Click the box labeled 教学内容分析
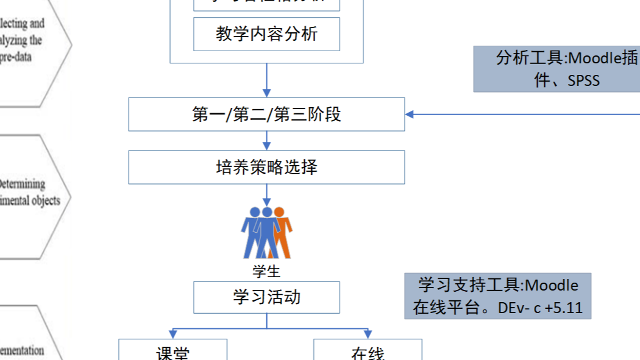(266, 34)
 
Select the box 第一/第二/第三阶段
(266, 114)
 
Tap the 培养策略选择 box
(266, 167)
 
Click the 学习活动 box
(266, 297)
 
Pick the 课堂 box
(172, 352)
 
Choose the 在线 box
(368, 352)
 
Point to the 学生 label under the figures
(266, 270)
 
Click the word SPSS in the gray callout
(584, 80)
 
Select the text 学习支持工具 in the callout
(469, 285)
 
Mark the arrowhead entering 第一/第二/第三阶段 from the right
(410, 114)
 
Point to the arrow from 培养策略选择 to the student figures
(266, 196)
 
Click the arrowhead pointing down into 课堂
(172, 334)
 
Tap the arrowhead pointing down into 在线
(368, 334)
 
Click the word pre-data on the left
(15, 57)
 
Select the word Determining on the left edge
(23, 184)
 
